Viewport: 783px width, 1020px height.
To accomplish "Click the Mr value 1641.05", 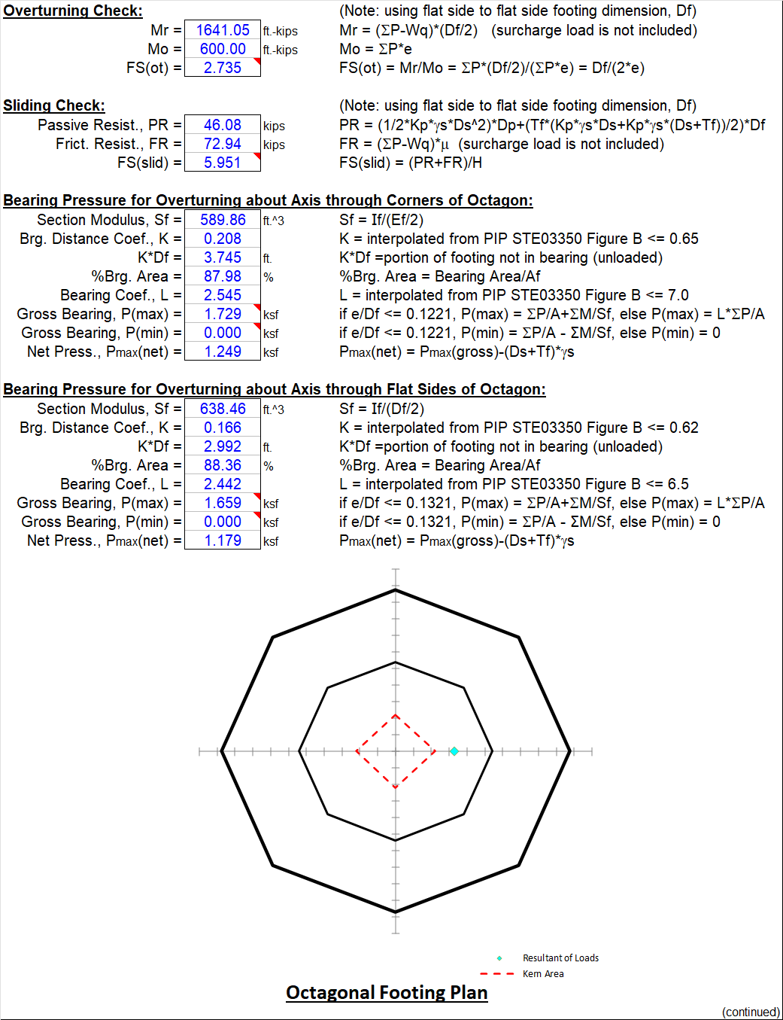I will click(223, 30).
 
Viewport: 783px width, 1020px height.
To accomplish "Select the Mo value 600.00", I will click(223, 49).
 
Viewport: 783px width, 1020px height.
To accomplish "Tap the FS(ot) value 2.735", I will click(223, 68).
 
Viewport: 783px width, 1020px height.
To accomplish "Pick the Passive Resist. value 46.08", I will click(223, 125).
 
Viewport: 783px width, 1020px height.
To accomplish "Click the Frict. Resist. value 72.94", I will click(223, 144).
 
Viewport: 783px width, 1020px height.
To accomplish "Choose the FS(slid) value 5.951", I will click(223, 163).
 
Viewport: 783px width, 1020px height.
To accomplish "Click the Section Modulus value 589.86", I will click(223, 220).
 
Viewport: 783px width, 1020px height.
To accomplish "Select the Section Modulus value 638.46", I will click(223, 409).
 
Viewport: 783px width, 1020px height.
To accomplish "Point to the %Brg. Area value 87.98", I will click(223, 276).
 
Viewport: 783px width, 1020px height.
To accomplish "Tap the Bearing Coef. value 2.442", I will click(223, 484).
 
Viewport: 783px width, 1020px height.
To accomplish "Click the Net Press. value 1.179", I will click(223, 540).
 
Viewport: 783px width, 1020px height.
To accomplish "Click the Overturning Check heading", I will click(73, 11).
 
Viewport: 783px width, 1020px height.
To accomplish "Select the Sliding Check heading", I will click(54, 105).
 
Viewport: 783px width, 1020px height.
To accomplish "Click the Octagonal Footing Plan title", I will click(387, 992).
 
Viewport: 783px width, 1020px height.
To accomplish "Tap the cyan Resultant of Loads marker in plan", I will click(454, 751).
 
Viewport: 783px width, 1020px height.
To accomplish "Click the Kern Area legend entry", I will click(543, 974).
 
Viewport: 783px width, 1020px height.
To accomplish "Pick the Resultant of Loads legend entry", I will click(560, 958).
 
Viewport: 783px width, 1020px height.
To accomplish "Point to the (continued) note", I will click(751, 1012).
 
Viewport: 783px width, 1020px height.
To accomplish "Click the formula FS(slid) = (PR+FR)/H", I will click(411, 163).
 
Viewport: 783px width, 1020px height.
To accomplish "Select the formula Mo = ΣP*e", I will click(375, 49).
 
